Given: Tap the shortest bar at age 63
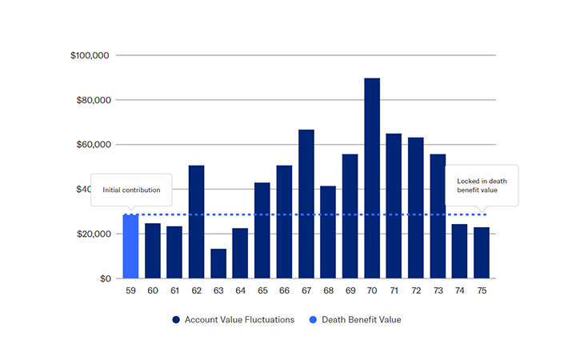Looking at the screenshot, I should (x=218, y=264).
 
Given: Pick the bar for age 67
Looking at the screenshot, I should (x=306, y=204).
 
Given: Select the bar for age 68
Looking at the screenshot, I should (x=328, y=232).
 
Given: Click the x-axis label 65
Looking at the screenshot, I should (x=262, y=291).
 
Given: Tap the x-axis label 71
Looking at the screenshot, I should (x=393, y=291).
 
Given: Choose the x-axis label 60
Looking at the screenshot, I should (x=152, y=291).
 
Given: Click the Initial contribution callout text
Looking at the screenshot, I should (x=131, y=190).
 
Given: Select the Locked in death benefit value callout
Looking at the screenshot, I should (x=481, y=186).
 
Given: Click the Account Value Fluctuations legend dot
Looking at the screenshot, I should (x=176, y=320).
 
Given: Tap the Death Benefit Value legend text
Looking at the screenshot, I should (x=361, y=320).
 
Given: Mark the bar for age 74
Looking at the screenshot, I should (x=459, y=251).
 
